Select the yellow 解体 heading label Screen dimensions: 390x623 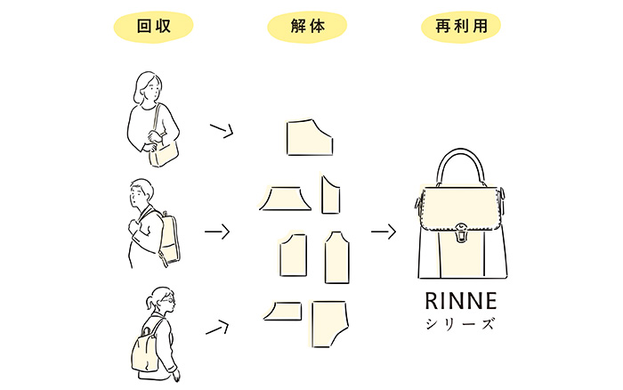tap(307, 28)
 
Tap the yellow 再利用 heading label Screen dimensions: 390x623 tap(460, 28)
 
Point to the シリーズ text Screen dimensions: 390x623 tap(460, 323)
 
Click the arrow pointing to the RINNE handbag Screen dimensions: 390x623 tap(383, 232)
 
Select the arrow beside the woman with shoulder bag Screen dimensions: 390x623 tap(221, 132)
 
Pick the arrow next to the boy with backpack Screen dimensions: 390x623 tap(217, 232)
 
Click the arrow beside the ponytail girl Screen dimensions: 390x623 tap(218, 328)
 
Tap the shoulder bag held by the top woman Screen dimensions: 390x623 tap(165, 153)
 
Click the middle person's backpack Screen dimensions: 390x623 tap(168, 239)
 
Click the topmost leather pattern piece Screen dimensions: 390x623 tap(309, 136)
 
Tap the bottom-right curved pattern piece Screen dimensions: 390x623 tap(330, 321)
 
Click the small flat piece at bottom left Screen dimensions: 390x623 tap(282, 309)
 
